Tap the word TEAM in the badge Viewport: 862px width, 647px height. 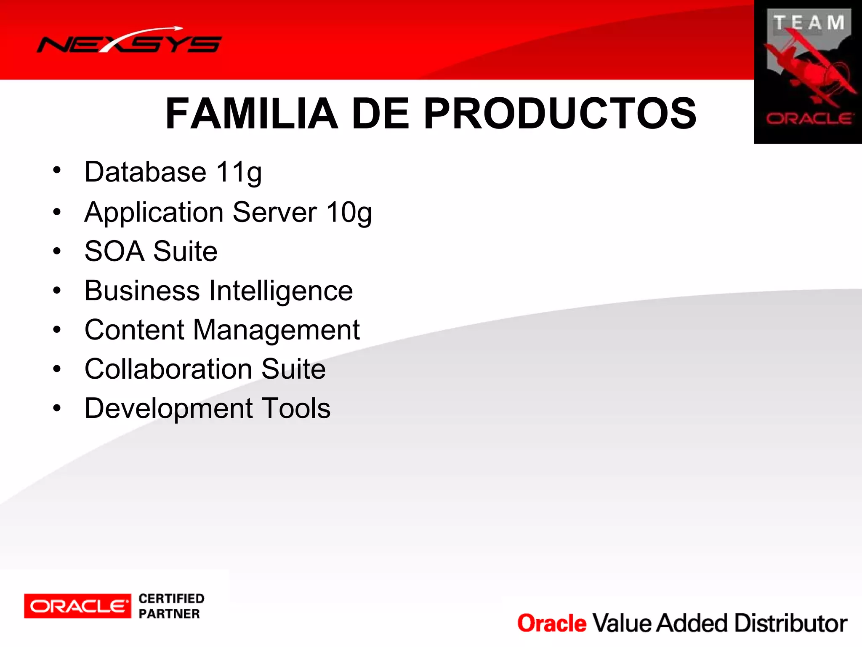809,23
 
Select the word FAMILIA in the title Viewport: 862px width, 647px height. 252,113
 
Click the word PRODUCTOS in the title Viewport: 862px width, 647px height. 560,113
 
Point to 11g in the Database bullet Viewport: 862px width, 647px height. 239,172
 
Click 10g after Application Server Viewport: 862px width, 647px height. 349,212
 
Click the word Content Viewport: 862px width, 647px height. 134,330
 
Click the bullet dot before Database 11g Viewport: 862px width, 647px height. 57,171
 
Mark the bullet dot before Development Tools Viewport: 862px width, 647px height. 57,407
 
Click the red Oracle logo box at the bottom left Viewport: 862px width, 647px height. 77,606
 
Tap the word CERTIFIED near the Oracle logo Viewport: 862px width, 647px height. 171,599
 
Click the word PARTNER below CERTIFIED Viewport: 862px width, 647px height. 169,614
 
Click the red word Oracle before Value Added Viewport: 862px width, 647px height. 552,623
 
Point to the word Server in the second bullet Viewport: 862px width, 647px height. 274,212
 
